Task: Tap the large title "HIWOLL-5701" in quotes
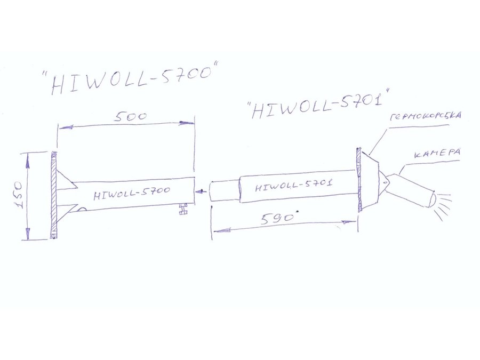[x=318, y=105]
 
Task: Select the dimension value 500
[x=131, y=117]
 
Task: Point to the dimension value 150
[x=19, y=195]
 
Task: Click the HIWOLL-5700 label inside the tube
[x=132, y=192]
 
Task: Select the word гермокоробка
[x=426, y=117]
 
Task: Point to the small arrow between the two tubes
[x=201, y=191]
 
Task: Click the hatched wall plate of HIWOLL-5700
[x=53, y=195]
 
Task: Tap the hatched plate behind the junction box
[x=359, y=180]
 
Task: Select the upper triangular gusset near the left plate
[x=65, y=180]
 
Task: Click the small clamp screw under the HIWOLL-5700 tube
[x=183, y=209]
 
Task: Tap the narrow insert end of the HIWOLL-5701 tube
[x=225, y=191]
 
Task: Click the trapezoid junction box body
[x=370, y=180]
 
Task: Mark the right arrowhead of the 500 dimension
[x=187, y=123]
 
